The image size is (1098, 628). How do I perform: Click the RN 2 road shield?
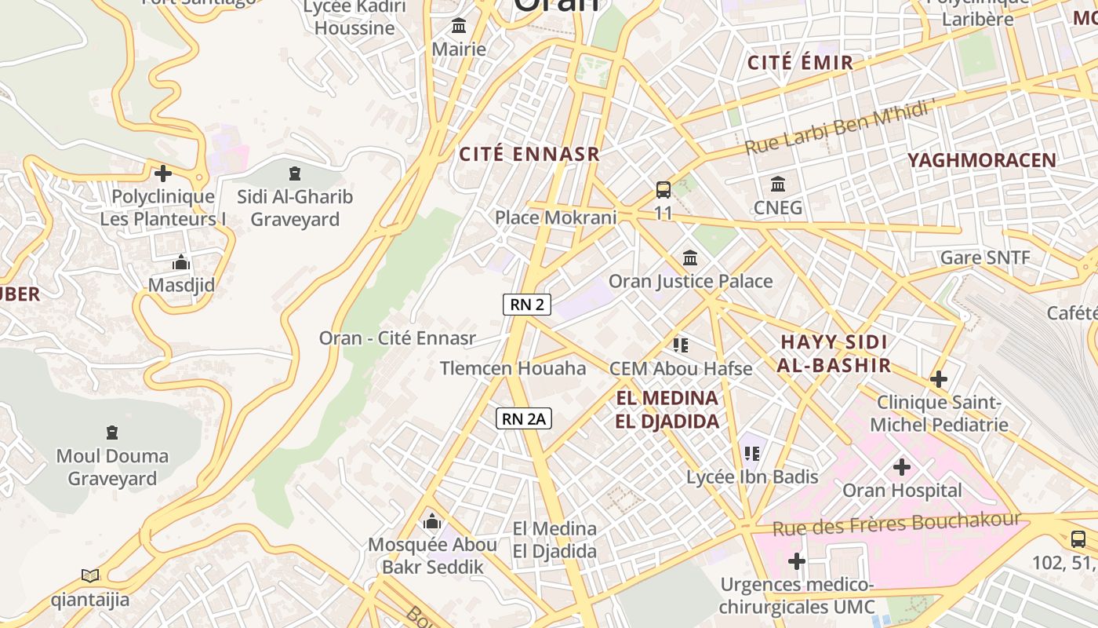coord(527,305)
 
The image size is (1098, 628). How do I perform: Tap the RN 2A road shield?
coord(524,419)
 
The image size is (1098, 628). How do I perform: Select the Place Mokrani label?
coord(556,217)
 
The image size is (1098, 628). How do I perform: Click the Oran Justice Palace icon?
coord(690,257)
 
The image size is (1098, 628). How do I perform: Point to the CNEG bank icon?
coord(778,184)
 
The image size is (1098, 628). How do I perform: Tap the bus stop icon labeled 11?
coord(664,189)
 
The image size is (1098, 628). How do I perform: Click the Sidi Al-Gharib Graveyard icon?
coord(295,173)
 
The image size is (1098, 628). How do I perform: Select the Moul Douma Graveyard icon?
coord(111,433)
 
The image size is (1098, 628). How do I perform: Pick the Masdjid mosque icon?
coord(181,262)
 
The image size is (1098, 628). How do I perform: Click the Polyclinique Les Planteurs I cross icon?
coord(163,173)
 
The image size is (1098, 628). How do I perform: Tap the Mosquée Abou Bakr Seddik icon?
coord(431,521)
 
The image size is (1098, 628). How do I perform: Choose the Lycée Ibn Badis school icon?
coord(752,453)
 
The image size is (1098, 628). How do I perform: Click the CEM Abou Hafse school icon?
coord(681,345)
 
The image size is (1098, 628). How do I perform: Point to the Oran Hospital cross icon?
coord(902,467)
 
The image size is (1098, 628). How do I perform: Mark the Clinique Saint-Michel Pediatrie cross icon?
coord(938,379)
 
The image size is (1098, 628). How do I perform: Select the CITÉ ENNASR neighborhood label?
coord(529,155)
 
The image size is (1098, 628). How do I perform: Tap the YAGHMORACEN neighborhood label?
coord(982,160)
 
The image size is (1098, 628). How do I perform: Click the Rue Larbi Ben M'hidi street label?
coord(839,127)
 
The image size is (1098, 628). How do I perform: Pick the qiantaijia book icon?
coord(90,576)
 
